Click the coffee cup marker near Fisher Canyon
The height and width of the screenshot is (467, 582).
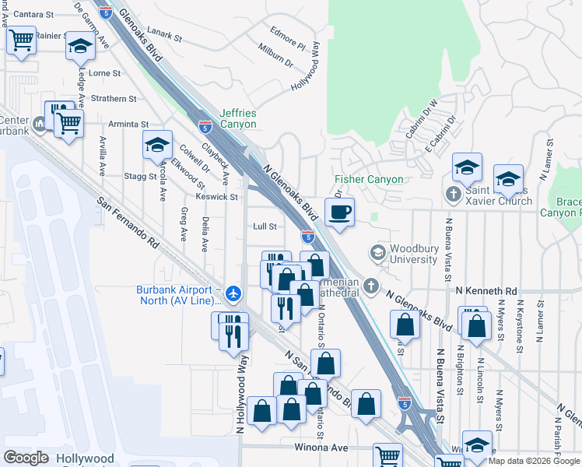coord(339,211)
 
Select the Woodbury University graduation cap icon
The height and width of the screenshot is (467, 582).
coord(377,252)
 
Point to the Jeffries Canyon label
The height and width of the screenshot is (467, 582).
coord(238,118)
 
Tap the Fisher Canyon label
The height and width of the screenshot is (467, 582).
coord(369,180)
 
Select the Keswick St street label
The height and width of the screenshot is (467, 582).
coord(217,197)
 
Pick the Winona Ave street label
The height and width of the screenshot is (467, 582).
coord(321,448)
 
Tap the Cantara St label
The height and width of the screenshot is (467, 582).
coord(33,14)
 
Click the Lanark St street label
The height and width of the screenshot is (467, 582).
coord(164,36)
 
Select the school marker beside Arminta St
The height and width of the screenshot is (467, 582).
coord(157,145)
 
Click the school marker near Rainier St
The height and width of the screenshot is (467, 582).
coord(79,46)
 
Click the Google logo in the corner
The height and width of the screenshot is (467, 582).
coord(26,458)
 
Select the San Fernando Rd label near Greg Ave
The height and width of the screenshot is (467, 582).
coord(129,222)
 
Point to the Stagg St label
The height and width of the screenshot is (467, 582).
coord(140,177)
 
